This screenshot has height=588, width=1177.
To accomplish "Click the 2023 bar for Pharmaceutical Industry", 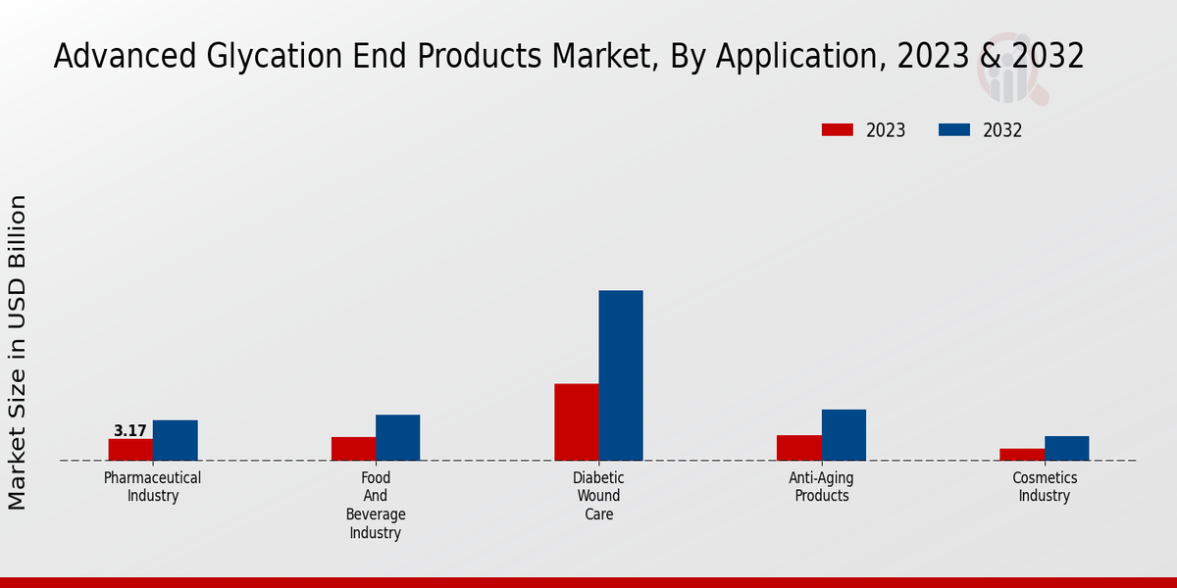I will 130,450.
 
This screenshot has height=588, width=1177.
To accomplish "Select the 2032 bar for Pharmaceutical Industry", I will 175,440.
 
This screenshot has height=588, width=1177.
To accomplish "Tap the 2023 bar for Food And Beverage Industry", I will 353,449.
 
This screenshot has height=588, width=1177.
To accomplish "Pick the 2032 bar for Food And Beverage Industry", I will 397,437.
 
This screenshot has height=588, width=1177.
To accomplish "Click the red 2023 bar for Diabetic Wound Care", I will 577,421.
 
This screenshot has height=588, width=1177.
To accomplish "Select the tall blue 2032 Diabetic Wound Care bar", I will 621,375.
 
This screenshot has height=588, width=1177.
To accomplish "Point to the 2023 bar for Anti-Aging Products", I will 799,448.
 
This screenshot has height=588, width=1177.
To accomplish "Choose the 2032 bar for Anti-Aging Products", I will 844,435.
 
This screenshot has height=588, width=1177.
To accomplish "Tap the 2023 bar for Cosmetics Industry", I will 1022,455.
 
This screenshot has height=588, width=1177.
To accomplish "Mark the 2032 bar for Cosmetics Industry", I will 1066,448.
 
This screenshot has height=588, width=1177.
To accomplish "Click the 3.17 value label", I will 130,431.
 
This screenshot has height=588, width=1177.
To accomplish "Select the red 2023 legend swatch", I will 838,130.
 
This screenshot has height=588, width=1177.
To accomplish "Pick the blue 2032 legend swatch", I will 954,130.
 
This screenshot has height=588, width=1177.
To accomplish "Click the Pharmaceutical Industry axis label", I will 153,486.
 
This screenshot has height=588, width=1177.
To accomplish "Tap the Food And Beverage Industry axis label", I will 376,506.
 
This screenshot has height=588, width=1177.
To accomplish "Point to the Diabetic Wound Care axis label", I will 598,496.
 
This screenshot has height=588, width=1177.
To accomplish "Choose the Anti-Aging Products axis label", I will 822,486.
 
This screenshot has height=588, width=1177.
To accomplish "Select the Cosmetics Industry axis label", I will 1045,486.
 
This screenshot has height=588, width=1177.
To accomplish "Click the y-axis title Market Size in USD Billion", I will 18,352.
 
